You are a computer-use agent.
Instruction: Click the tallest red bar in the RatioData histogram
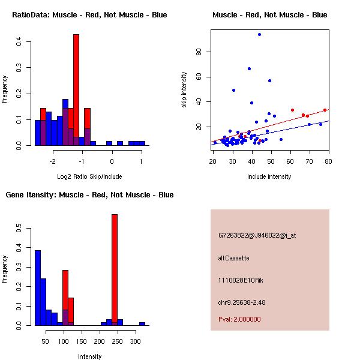coord(76,90)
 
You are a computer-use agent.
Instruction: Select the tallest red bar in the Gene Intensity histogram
coord(114,270)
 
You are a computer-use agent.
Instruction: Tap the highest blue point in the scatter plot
coord(259,34)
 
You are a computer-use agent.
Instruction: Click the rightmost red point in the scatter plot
coord(325,110)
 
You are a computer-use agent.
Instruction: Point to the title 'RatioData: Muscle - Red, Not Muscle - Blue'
coord(89,14)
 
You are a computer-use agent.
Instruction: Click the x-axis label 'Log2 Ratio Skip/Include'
coord(89,176)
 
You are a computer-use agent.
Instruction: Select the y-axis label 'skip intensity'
coord(184,90)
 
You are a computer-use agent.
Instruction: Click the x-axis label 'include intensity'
coord(269,176)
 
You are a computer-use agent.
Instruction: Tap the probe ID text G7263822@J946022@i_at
coord(257,235)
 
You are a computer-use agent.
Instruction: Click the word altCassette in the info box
coord(233,258)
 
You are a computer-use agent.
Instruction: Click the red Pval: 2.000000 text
coord(239,319)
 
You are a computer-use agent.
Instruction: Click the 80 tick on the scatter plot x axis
coord(329,161)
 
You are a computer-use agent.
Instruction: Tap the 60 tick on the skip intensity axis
coord(199,77)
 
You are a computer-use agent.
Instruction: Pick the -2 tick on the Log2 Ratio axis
coord(52,161)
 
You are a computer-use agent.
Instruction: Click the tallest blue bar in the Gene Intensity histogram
coord(37,288)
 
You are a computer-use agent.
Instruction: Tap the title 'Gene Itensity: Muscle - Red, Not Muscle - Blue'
coord(89,194)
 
